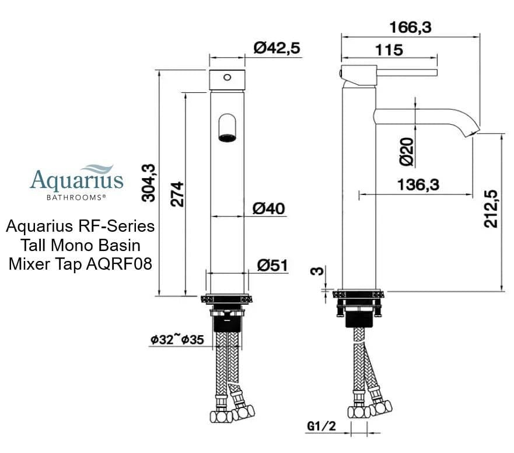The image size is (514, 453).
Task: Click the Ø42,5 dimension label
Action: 277,48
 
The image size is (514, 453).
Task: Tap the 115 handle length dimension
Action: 389,50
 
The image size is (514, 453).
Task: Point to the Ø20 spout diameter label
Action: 407,151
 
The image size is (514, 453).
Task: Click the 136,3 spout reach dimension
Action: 418,185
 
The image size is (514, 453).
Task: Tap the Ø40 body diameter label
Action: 269,208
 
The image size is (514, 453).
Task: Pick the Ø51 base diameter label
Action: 272,265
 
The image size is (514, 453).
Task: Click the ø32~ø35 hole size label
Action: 177,340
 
